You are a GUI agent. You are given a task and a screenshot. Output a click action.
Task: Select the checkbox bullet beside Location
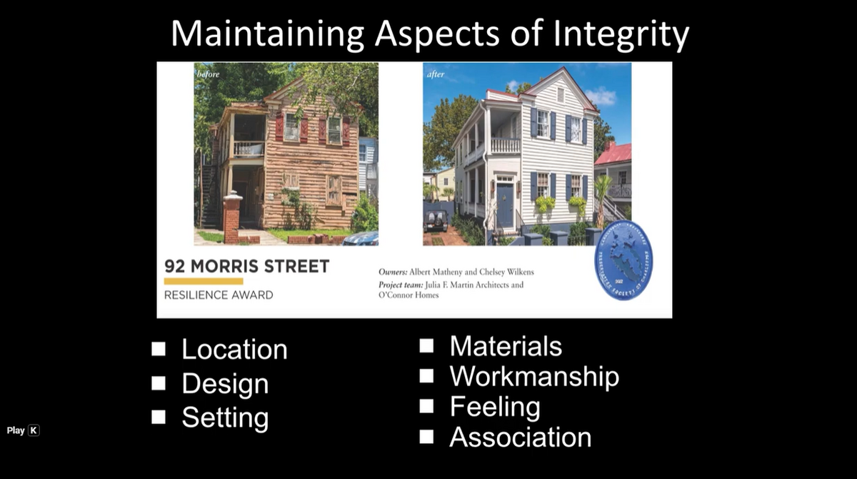[159, 349]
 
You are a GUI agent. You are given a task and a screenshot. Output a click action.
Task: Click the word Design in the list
[225, 384]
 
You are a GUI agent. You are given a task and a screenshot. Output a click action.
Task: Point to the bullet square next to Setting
[159, 417]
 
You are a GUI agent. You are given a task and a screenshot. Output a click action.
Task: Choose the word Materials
[506, 346]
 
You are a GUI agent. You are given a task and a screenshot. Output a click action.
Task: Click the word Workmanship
[534, 376]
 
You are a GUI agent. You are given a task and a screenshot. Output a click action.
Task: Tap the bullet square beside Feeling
[426, 406]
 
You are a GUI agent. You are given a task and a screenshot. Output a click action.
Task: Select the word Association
[520, 437]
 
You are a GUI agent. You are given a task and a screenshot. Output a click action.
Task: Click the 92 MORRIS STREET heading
[246, 267]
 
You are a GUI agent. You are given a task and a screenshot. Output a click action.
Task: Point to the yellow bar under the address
[204, 282]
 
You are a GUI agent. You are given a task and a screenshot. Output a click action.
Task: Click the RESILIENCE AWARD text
[219, 295]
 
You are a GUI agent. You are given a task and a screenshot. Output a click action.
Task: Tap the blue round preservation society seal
[623, 260]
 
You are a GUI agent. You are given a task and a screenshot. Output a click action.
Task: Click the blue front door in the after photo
[505, 206]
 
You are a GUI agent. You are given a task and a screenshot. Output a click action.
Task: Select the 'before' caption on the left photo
[209, 74]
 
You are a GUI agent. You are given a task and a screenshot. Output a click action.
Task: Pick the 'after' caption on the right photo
[436, 74]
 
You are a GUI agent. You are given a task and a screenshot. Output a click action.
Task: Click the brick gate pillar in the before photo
[231, 218]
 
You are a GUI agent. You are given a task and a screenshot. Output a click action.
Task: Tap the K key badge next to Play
[34, 430]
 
